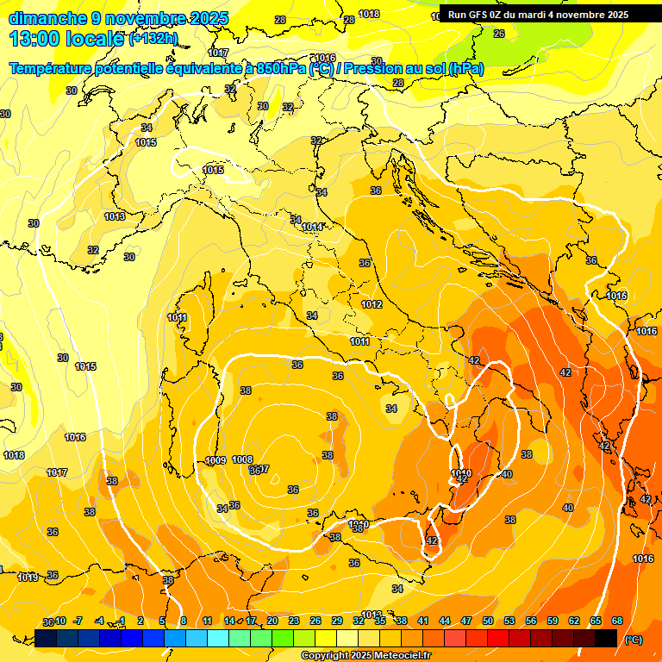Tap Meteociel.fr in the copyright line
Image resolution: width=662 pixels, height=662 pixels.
(396, 656)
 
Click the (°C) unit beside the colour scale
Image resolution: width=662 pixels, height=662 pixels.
(634, 640)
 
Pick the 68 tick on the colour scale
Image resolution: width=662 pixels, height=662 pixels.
(617, 621)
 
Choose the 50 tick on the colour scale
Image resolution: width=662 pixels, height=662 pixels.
(488, 621)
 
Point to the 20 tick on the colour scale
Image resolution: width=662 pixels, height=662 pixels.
(272, 621)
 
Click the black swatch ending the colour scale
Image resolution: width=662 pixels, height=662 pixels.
(606, 638)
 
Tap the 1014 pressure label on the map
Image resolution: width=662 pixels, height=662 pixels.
(312, 227)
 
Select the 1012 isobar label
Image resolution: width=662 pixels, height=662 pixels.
(372, 304)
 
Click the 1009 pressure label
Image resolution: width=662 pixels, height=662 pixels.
(215, 460)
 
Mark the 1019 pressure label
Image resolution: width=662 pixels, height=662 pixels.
(28, 578)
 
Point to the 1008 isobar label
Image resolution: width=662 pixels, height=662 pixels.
(242, 460)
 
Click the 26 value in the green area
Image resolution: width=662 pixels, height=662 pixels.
(498, 34)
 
